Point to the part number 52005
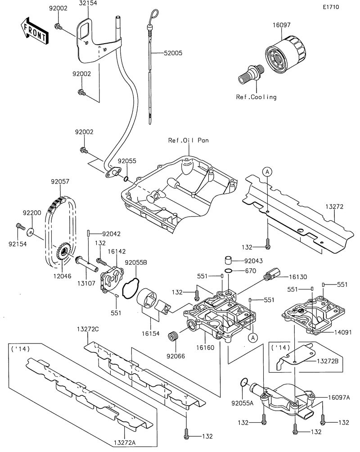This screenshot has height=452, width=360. [173, 53]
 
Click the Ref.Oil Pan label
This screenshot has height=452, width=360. [189, 140]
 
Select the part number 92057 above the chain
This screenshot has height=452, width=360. [60, 182]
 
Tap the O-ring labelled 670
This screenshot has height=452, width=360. [228, 271]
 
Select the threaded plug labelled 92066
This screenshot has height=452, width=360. [172, 336]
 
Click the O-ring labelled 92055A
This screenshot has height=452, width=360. [243, 383]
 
